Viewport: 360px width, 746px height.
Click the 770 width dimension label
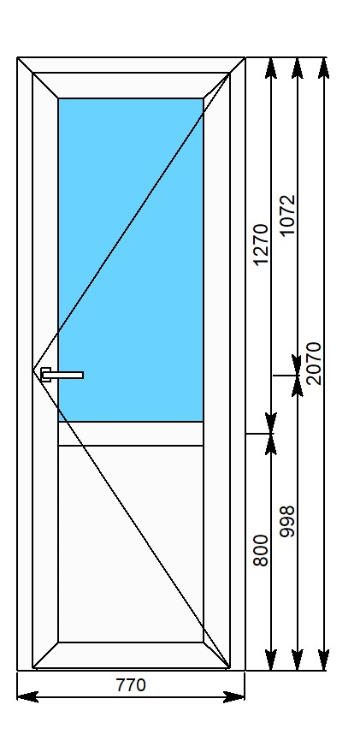tap(131, 685)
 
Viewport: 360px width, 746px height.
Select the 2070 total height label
tap(315, 364)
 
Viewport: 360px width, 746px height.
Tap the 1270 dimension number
tap(262, 245)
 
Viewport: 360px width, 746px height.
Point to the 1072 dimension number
tap(287, 216)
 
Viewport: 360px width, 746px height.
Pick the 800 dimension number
tap(262, 550)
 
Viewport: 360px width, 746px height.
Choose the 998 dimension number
tap(287, 522)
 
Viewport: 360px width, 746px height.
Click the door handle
tap(62, 375)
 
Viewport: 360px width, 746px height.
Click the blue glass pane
tap(131, 260)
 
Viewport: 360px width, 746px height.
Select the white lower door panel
tap(131, 544)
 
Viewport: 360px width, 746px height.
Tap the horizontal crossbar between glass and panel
tap(131, 434)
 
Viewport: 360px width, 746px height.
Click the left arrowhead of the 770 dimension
tap(27, 697)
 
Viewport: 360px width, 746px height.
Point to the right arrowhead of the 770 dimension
tap(234, 697)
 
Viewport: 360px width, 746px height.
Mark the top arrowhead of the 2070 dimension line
tap(324, 68)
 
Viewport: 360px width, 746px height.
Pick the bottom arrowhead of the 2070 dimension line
tap(324, 660)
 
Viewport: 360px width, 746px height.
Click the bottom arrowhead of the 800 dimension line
tap(271, 660)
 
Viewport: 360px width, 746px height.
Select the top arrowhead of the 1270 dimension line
tap(271, 68)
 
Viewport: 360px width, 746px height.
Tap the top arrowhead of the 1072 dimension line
tap(298, 68)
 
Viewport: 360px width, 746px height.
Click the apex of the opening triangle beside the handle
tap(32, 370)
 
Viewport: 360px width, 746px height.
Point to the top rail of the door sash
tap(131, 86)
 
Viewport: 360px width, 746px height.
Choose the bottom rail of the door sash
tap(131, 654)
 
